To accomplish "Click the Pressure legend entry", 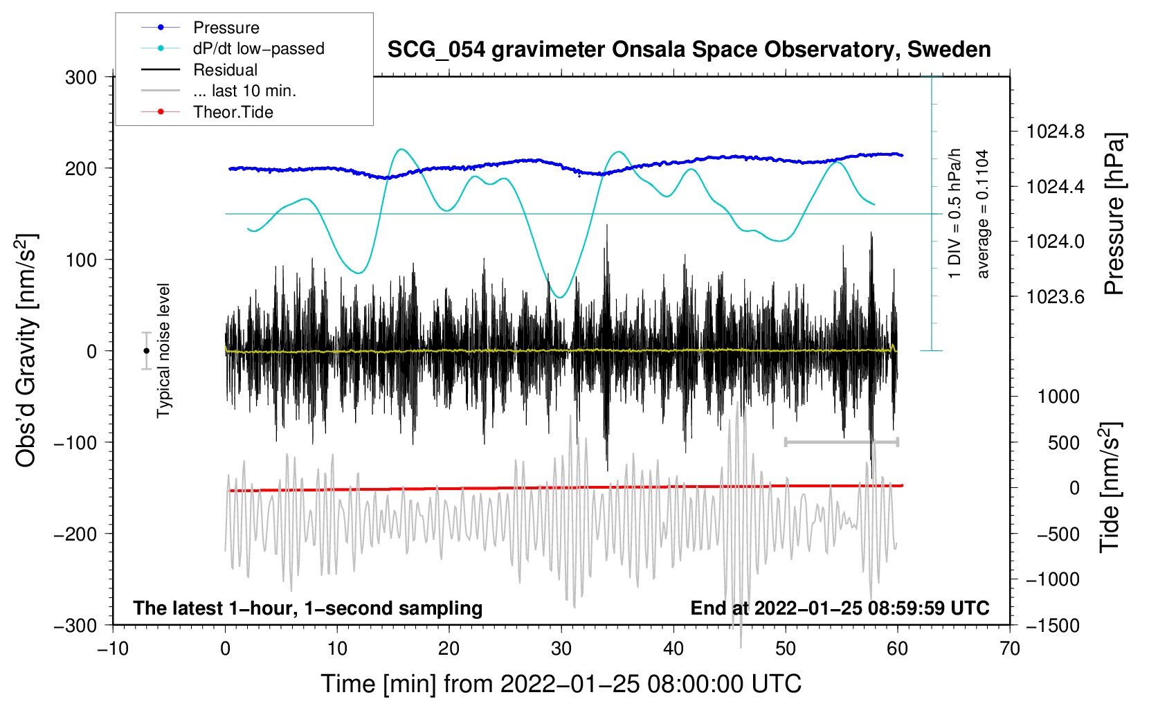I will tap(226, 28).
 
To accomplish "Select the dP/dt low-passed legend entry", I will tap(258, 48).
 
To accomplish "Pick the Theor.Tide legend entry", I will tap(233, 112).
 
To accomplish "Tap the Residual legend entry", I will tap(225, 70).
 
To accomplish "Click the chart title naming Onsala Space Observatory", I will tap(689, 50).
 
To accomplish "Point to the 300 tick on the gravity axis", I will tap(81, 78).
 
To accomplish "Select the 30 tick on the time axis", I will tap(561, 649).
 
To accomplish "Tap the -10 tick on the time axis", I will tap(113, 649).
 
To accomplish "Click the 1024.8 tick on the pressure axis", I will tap(1056, 132).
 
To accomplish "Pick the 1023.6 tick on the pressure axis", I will tap(1056, 297).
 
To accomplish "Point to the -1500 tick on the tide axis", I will tap(1053, 625).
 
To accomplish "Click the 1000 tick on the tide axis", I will tap(1058, 397).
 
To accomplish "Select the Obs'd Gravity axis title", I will tap(26, 351).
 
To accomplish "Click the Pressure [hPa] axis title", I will tap(1114, 214).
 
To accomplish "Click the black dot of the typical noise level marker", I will tap(146, 351).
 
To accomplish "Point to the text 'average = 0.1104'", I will tap(983, 214).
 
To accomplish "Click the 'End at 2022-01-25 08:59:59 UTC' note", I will tap(840, 608).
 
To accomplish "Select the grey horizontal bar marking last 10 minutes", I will tap(841, 442).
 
